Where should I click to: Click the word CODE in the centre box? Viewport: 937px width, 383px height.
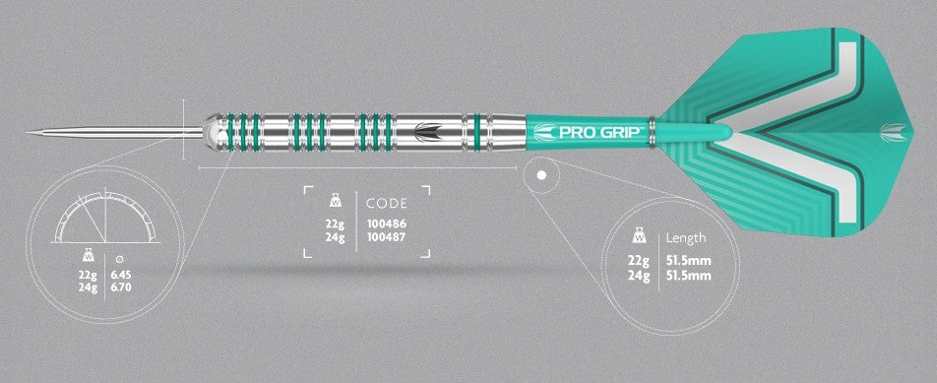pyautogui.click(x=386, y=203)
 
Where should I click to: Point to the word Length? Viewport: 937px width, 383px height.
pyautogui.click(x=686, y=238)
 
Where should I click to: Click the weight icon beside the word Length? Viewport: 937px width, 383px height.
pyautogui.click(x=640, y=237)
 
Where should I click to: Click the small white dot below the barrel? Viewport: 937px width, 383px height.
pyautogui.click(x=541, y=177)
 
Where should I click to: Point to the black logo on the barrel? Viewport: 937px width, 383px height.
pyautogui.click(x=429, y=131)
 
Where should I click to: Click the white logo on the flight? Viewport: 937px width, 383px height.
pyautogui.click(x=891, y=128)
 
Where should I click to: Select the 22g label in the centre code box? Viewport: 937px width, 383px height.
pyautogui.click(x=335, y=223)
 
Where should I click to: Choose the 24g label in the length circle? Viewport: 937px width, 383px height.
pyautogui.click(x=639, y=276)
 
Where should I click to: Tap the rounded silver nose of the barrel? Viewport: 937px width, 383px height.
pyautogui.click(x=212, y=130)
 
